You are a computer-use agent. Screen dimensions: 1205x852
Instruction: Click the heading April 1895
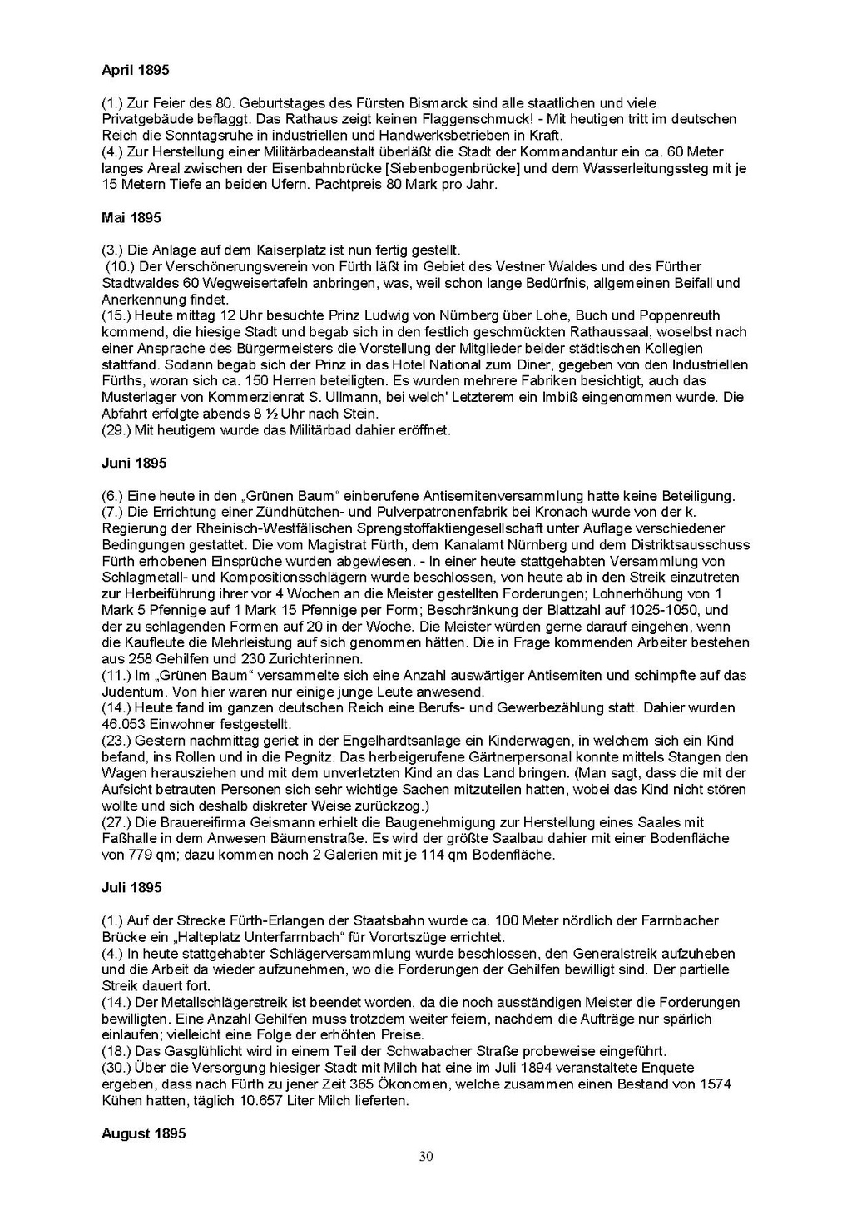[x=135, y=71]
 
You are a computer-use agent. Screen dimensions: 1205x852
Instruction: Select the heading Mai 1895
[x=131, y=218]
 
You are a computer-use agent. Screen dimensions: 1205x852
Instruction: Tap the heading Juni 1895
[x=134, y=464]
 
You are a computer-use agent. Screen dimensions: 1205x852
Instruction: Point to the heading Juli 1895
[x=131, y=888]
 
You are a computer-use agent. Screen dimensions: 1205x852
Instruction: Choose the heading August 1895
[x=143, y=1133]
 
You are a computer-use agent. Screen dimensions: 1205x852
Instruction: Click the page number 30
[x=426, y=1156]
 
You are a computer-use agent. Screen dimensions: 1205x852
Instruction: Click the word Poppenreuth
[x=681, y=316]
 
